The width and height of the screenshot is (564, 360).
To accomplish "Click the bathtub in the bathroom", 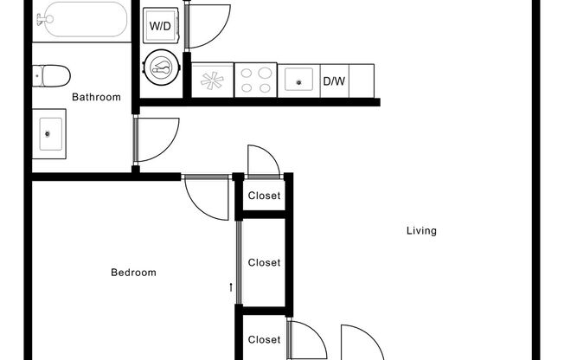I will click(84, 19).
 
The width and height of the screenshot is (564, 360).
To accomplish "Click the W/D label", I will click(160, 26).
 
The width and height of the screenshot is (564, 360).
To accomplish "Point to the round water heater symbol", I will click(161, 66).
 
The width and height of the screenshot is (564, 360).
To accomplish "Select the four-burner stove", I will click(255, 80).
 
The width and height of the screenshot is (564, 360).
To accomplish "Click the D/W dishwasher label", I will click(333, 82).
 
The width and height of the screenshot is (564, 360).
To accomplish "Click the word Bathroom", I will click(96, 97).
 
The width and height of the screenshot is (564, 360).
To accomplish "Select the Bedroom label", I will click(133, 273).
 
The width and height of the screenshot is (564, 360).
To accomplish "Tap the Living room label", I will click(421, 231).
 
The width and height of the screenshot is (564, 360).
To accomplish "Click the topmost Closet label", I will click(264, 196).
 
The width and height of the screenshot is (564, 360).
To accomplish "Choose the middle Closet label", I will click(264, 262).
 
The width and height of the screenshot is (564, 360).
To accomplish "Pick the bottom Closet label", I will click(264, 340).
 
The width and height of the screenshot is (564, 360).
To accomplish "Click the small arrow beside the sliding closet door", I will click(231, 287).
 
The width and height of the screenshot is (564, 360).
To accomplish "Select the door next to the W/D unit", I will click(208, 24).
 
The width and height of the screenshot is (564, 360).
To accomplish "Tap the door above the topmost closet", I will click(262, 161).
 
